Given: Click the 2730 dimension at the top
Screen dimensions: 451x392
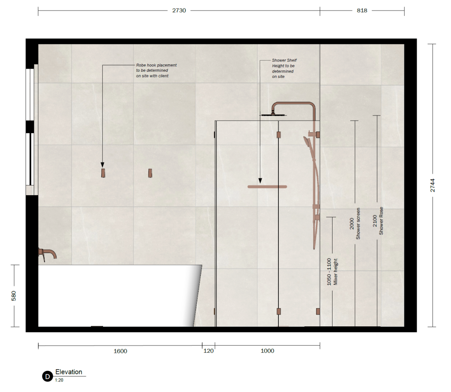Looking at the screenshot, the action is click(179, 11).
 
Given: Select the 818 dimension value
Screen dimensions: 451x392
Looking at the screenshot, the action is click(362, 11).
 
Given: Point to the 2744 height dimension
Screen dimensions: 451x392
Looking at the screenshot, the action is click(433, 185).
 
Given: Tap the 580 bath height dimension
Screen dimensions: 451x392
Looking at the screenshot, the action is click(14, 296).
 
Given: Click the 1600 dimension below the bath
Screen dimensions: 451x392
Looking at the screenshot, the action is click(120, 351).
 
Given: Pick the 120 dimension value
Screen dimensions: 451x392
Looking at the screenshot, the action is click(208, 351).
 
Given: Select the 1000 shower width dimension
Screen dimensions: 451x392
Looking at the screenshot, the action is click(267, 351).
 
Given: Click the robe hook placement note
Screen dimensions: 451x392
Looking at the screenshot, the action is click(156, 70).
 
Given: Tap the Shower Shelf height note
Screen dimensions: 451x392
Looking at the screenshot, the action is click(284, 68).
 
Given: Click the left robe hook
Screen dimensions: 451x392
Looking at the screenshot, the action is click(103, 173).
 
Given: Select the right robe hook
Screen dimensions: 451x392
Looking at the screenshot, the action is click(150, 173).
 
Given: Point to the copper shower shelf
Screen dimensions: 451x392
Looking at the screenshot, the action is click(267, 187).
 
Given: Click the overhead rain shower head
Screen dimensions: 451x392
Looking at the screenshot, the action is click(273, 115).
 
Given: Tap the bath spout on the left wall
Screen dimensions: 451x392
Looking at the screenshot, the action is click(48, 254).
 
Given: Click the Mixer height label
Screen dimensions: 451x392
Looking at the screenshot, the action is click(335, 272).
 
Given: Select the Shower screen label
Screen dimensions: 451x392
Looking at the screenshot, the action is click(358, 223).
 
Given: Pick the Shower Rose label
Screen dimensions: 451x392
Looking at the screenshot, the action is click(381, 221).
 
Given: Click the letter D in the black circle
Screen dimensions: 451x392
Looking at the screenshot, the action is click(48, 377).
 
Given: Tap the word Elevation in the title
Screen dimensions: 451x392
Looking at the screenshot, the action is click(69, 372).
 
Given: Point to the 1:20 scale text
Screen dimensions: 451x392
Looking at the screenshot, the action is click(59, 380).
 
